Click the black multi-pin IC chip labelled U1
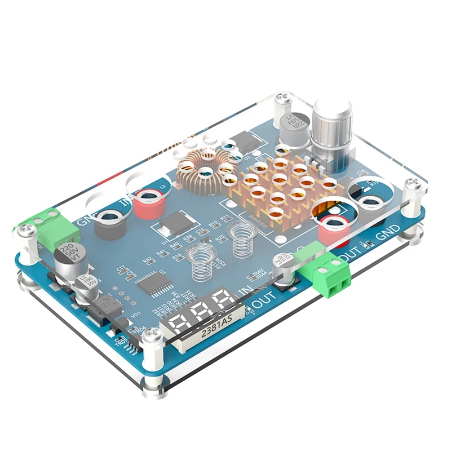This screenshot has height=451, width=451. pos(154,281)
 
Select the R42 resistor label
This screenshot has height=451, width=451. pos(148,260)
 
